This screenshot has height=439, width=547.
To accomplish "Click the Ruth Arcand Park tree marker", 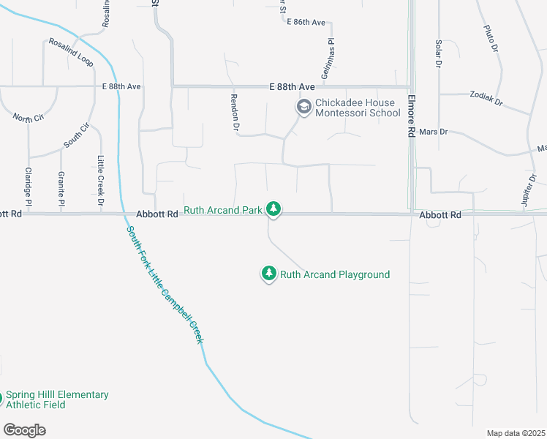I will tap(273, 210).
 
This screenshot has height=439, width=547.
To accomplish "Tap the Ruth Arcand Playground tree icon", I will tap(269, 274).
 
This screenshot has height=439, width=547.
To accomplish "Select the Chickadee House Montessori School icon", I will tap(303, 108).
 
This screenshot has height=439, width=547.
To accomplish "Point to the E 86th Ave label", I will tap(306, 23).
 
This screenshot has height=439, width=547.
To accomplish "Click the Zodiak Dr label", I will tap(487, 100).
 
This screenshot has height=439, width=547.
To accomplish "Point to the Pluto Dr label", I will tap(490, 38).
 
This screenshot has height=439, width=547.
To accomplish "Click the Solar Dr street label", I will tap(439, 54).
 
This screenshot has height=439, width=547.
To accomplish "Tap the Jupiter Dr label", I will tap(531, 188).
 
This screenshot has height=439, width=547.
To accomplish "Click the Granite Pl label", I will tap(61, 189).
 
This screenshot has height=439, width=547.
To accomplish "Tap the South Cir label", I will tap(76, 136).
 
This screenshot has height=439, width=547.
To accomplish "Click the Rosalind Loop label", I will tap(72, 53).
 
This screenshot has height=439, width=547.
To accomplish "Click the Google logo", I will tap(24, 430).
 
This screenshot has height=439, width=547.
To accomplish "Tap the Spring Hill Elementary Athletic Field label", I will tap(57, 399).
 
